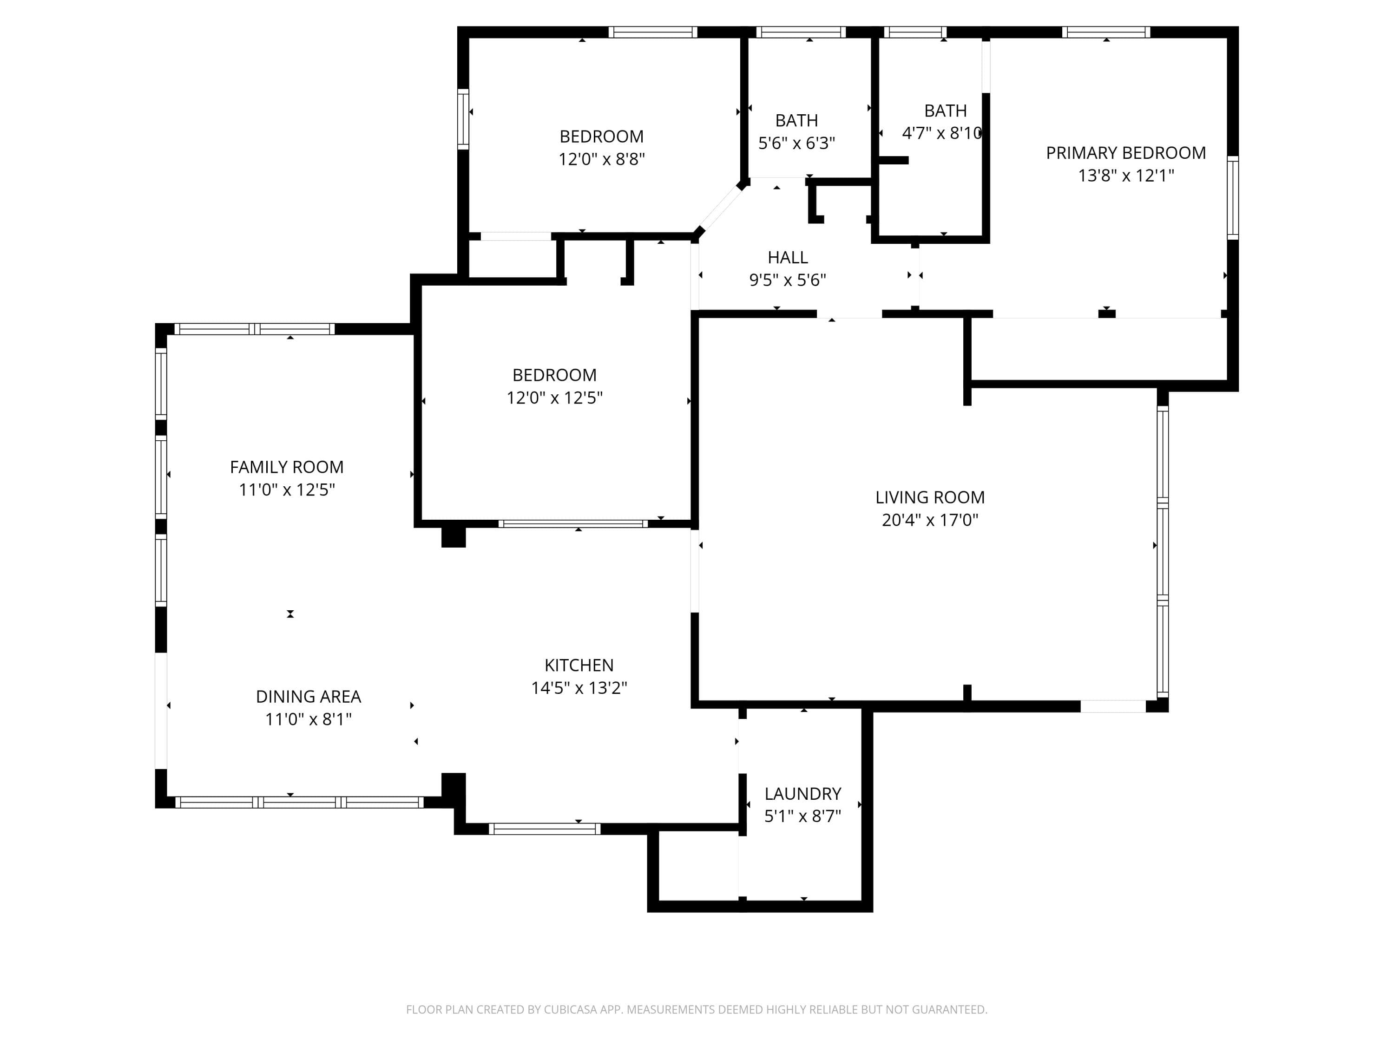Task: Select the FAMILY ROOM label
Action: coord(287,467)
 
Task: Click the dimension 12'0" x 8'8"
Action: coord(602,159)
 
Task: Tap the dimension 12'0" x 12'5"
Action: coord(554,398)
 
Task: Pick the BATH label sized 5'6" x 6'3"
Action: coord(796,120)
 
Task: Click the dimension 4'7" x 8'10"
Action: coord(942,133)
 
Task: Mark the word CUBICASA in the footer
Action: coord(570,1009)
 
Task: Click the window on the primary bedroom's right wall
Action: coord(1233,198)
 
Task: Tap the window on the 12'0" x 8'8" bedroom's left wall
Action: coord(463,119)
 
